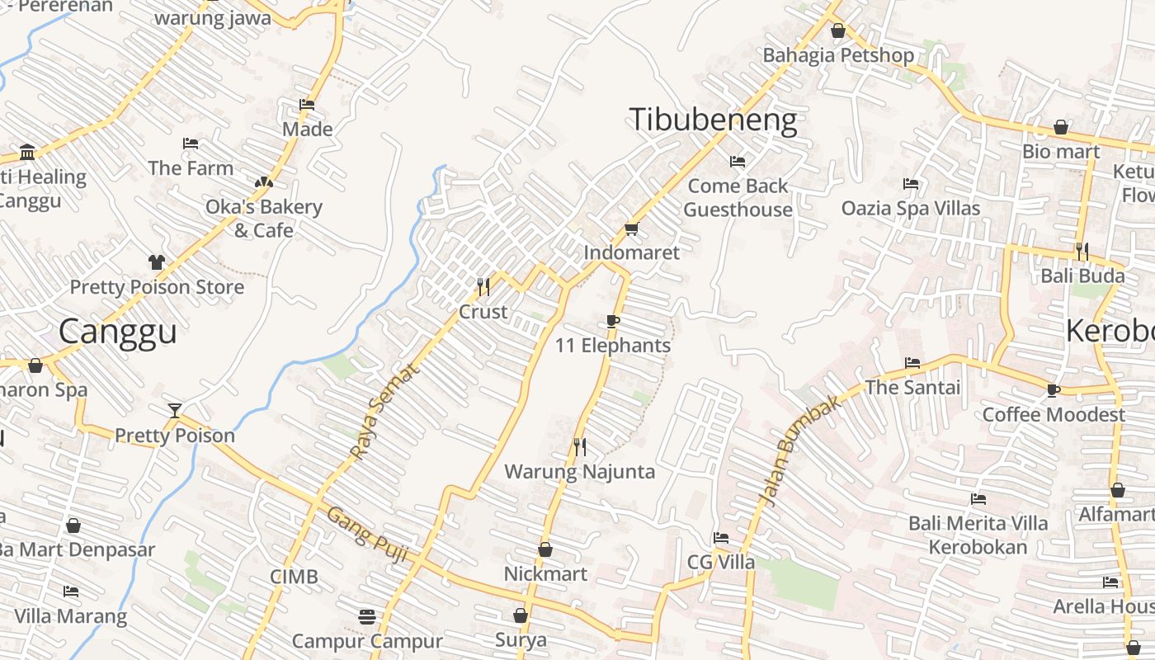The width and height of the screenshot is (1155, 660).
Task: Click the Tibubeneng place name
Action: click(713, 120)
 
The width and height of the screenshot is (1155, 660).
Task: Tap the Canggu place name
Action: click(118, 332)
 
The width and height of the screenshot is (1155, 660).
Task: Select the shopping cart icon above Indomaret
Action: click(632, 229)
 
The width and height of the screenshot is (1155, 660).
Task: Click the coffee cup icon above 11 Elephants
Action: click(612, 321)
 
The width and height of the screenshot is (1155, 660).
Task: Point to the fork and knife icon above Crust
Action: click(483, 287)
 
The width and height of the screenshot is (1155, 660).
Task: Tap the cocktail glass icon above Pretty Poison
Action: click(174, 411)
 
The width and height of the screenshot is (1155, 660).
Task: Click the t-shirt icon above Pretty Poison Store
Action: click(157, 262)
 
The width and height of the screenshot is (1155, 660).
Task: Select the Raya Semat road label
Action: click(384, 412)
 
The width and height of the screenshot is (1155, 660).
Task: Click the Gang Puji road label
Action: click(367, 535)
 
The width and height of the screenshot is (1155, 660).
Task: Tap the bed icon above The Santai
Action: click(912, 363)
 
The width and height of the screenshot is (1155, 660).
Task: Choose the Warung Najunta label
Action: click(579, 472)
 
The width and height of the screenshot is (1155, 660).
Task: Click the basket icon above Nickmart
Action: click(545, 549)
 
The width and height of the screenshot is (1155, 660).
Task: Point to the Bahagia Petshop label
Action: click(838, 55)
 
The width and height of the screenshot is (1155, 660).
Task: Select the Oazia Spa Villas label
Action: click(911, 208)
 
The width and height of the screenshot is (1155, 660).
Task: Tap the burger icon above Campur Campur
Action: click(367, 616)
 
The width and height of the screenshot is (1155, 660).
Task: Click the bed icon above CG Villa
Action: click(721, 538)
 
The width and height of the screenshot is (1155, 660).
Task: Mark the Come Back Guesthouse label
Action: click(738, 198)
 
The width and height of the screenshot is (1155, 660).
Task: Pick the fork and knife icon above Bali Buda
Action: click(1082, 251)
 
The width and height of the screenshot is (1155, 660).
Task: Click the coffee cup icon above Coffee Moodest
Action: click(1053, 390)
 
